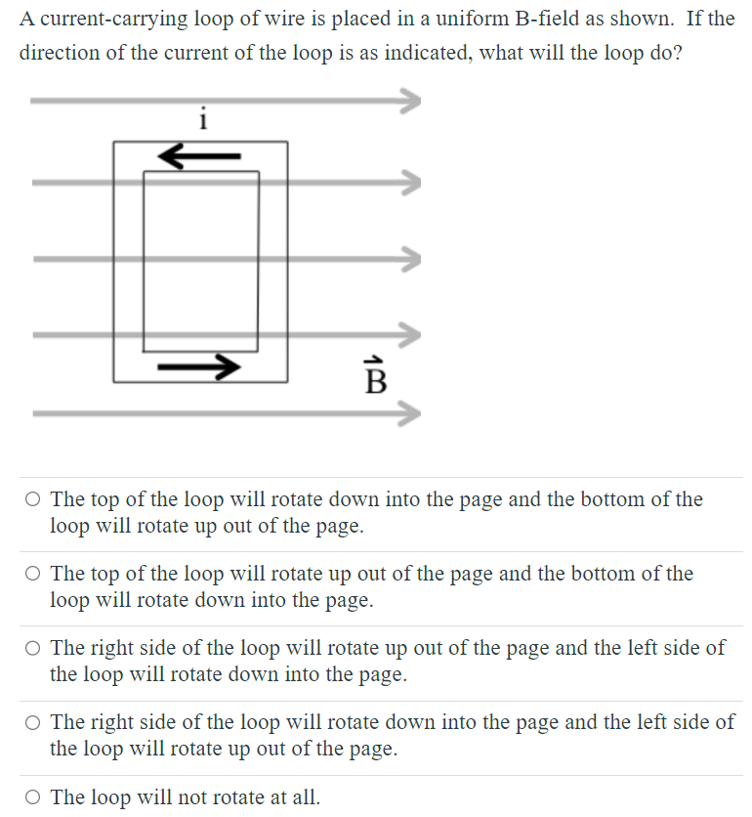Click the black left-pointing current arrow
(199, 154)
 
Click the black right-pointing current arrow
(199, 366)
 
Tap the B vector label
(374, 375)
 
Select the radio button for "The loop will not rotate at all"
(33, 797)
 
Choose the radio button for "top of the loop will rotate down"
(33, 500)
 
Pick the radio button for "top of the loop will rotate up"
(33, 575)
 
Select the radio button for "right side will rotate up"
(33, 649)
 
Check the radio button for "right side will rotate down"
(33, 723)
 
